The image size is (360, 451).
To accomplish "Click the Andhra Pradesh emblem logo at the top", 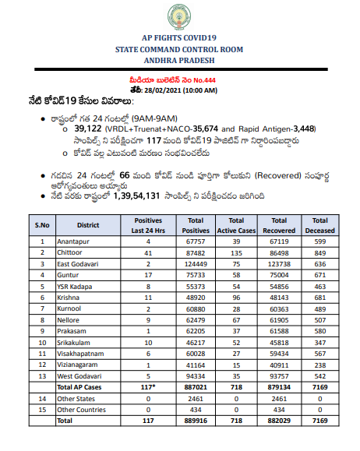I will [179, 18].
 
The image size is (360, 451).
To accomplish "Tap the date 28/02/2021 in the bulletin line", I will [165, 90].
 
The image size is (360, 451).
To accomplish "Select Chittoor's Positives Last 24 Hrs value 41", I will [147, 254].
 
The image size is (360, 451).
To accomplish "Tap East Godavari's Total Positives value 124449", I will [196, 265].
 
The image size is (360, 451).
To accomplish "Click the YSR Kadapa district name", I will [76, 287].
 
